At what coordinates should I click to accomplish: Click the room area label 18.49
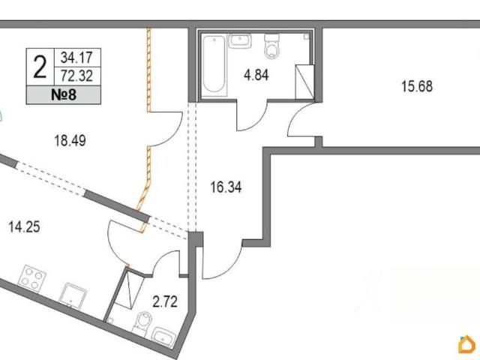pyautogui.click(x=70, y=141)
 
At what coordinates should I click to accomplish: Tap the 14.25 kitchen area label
pyautogui.click(x=25, y=227)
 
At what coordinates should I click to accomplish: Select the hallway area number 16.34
pyautogui.click(x=226, y=187)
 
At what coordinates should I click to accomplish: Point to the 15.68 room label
pyautogui.click(x=417, y=86)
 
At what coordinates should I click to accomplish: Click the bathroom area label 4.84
pyautogui.click(x=256, y=75)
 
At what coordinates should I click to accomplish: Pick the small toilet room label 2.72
pyautogui.click(x=165, y=301)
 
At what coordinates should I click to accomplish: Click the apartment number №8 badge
pyautogui.click(x=64, y=95)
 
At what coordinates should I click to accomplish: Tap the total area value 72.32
pyautogui.click(x=76, y=76)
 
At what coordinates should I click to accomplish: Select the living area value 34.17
pyautogui.click(x=76, y=57)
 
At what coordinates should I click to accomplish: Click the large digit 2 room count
pyautogui.click(x=40, y=67)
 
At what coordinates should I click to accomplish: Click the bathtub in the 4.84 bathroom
pyautogui.click(x=214, y=66)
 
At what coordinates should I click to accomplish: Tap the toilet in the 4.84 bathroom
pyautogui.click(x=271, y=46)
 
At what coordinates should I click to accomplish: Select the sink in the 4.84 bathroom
pyautogui.click(x=240, y=41)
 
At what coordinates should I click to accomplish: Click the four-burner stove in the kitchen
pyautogui.click(x=31, y=279)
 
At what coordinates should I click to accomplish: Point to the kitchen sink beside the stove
pyautogui.click(x=73, y=295)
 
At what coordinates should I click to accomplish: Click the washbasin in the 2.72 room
pyautogui.click(x=164, y=337)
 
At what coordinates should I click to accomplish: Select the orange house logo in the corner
pyautogui.click(x=466, y=345)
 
